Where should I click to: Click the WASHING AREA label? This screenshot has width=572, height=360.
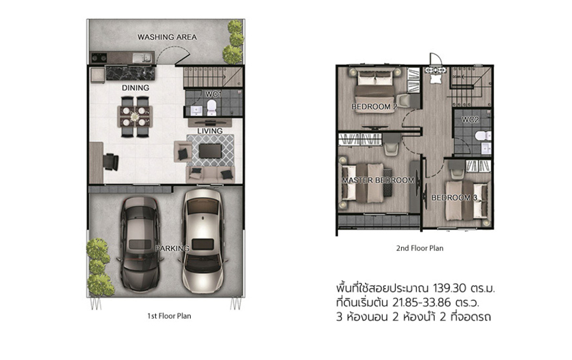167,37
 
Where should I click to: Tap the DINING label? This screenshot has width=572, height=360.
135,88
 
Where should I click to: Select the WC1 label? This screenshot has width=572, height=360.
214,94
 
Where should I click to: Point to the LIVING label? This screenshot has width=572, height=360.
210,131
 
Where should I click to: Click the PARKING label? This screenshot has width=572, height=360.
172,248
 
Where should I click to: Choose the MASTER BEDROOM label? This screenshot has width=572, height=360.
378,180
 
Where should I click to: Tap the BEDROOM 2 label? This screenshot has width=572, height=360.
374,107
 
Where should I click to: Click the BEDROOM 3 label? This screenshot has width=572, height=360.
454,198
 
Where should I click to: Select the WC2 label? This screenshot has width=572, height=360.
470,120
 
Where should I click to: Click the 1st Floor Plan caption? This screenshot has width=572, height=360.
169,316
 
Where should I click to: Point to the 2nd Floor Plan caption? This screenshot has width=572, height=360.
419,248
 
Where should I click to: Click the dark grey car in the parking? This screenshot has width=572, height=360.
140,244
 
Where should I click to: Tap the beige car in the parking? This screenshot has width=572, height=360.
203,241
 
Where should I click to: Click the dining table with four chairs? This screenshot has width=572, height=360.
135,116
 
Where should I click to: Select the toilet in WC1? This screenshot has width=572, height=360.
212,107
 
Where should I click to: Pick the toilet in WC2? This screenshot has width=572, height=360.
482,136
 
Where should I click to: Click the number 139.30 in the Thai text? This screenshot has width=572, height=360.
449,288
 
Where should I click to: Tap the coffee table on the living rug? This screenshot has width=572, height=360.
210,151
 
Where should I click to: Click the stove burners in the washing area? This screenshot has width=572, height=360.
99,57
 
